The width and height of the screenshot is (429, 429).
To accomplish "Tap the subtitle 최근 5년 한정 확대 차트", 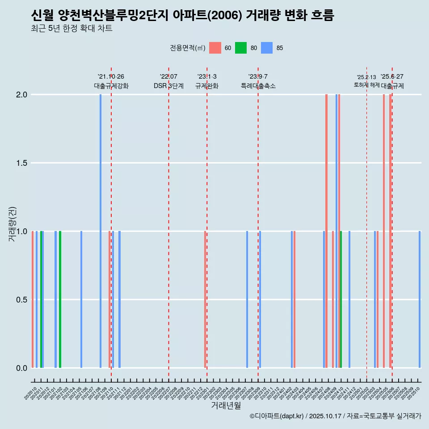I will (71, 29).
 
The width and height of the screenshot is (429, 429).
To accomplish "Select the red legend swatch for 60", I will (215, 48).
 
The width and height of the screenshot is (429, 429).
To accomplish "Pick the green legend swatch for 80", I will (241, 48).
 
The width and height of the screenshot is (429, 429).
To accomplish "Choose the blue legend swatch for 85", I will (267, 48).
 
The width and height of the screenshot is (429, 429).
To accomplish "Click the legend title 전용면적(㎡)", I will (187, 48).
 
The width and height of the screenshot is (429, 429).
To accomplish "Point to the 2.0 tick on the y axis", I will (22, 95).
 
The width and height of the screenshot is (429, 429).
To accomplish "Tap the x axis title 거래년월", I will (226, 406).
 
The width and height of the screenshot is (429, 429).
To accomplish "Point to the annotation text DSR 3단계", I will (168, 86).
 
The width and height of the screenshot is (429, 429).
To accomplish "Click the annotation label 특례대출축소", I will (258, 86).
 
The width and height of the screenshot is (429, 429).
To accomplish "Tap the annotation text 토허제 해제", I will (366, 84).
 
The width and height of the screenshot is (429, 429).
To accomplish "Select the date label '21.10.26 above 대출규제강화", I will (111, 76).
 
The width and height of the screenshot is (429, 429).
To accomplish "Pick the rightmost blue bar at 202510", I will (420, 299).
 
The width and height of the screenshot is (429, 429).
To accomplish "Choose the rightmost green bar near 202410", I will (341, 299).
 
